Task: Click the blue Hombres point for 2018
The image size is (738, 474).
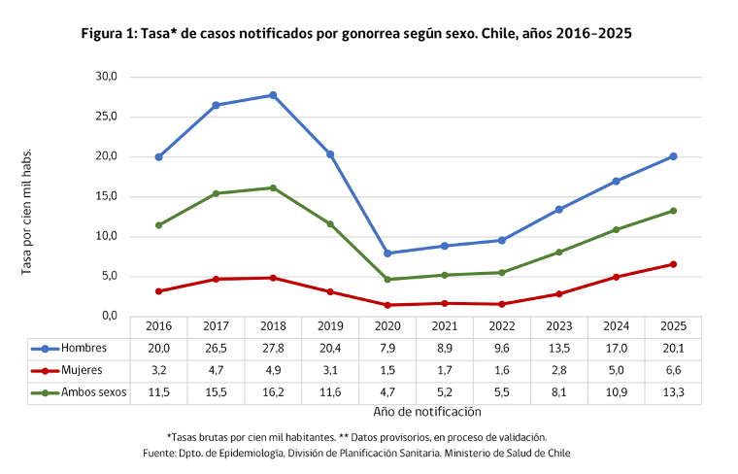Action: tap(273, 95)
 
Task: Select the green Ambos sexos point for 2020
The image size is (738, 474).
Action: tap(387, 279)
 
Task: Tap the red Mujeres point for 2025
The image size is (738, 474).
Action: tap(673, 264)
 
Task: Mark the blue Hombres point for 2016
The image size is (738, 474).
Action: tap(158, 157)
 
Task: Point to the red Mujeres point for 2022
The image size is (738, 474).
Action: tap(502, 304)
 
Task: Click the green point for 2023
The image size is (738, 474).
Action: tap(559, 253)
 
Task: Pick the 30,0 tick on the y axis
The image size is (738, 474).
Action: tap(107, 77)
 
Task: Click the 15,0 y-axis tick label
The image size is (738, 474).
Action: tap(107, 196)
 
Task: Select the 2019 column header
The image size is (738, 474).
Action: tap(330, 326)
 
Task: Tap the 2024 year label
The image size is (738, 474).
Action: tap(616, 326)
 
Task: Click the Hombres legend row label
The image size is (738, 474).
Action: tap(84, 348)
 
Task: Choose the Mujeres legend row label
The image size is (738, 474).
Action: tap(82, 370)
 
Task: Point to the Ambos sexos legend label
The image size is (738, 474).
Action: tap(93, 392)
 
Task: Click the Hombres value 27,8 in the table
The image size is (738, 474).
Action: tap(273, 349)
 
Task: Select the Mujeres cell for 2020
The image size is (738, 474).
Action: tap(387, 370)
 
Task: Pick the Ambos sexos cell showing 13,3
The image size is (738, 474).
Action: tap(673, 392)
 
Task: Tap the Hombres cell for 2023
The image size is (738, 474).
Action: tap(559, 349)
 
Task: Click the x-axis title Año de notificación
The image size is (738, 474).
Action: tap(427, 412)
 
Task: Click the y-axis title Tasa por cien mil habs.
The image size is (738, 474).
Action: tap(26, 212)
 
